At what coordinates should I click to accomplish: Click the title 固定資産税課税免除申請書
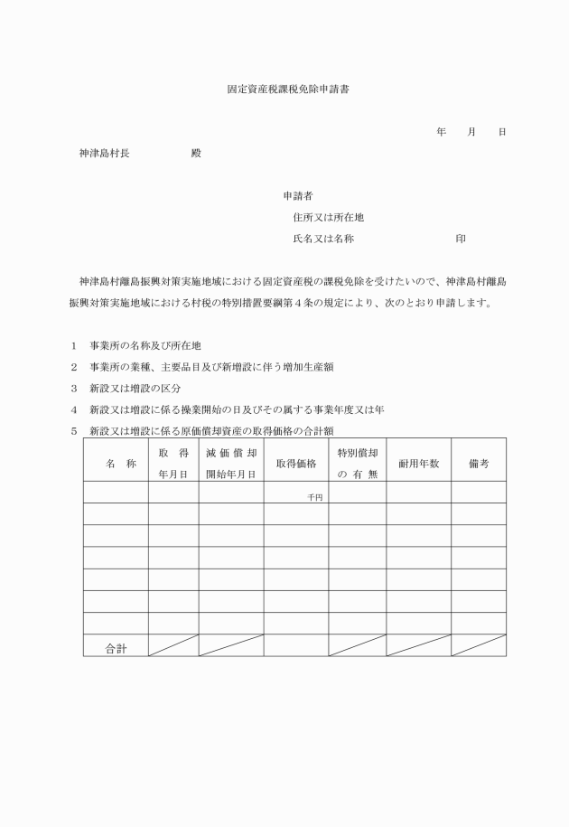(284, 91)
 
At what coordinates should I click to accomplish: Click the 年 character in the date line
(441, 132)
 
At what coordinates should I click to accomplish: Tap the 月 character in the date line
(471, 132)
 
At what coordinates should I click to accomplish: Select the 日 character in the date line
(502, 132)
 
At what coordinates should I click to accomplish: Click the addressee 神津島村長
(105, 154)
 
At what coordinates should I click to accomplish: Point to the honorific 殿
(196, 154)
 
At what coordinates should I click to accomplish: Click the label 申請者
(298, 195)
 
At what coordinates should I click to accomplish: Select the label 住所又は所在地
(328, 217)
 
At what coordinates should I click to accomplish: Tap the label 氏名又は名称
(322, 239)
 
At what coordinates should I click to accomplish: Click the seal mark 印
(461, 239)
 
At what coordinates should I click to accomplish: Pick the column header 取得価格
(295, 464)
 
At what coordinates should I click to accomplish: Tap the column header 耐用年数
(418, 463)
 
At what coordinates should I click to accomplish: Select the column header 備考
(478, 463)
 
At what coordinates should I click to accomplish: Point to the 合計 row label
(116, 647)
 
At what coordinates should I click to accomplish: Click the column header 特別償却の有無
(357, 463)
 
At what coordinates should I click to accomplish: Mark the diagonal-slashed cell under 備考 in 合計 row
(478, 645)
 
